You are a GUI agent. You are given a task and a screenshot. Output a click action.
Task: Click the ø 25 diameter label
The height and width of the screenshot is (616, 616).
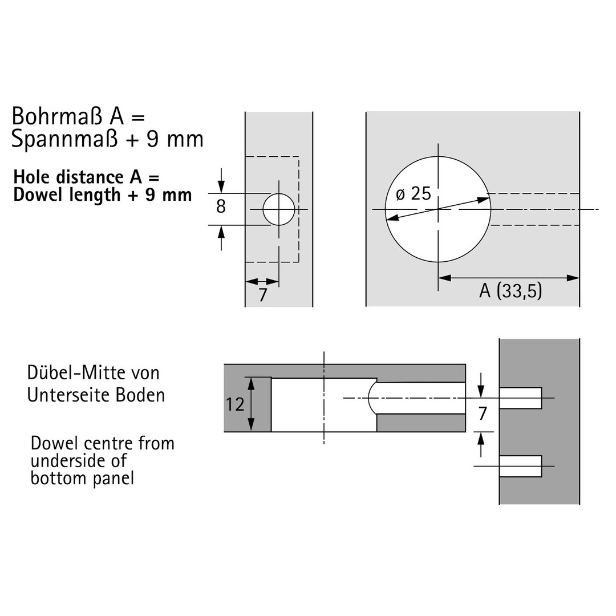tap(414, 194)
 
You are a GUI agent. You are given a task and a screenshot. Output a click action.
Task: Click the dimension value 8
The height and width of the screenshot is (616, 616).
tap(221, 206)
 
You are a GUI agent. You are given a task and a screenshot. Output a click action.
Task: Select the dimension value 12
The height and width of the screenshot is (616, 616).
tap(235, 404)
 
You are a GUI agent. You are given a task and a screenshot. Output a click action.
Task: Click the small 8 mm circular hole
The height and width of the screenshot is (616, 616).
tap(279, 209)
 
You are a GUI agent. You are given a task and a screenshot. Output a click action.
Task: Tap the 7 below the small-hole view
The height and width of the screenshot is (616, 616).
tap(263, 295)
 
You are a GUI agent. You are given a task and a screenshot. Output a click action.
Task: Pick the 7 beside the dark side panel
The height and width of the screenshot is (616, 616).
tap(483, 414)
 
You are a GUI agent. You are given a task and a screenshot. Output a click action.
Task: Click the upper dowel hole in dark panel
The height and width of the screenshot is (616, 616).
tap(521, 398)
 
